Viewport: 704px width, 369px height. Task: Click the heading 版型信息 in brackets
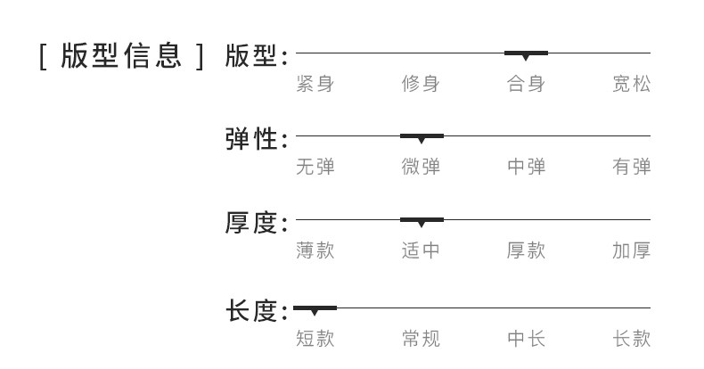pyautogui.click(x=122, y=55)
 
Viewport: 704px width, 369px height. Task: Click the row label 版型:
pyautogui.click(x=256, y=55)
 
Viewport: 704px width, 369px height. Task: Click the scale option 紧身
pyautogui.click(x=315, y=85)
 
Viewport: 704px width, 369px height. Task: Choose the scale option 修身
pyautogui.click(x=421, y=85)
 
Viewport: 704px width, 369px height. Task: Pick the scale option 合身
pyautogui.click(x=526, y=85)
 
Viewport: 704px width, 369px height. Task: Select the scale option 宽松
pyautogui.click(x=631, y=85)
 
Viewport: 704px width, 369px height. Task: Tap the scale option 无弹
pyautogui.click(x=315, y=167)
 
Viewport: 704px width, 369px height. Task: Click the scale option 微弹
pyautogui.click(x=421, y=167)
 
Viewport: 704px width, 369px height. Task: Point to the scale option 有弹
pyautogui.click(x=631, y=167)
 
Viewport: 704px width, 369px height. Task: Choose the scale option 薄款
pyautogui.click(x=315, y=250)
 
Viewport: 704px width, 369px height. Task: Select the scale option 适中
pyautogui.click(x=421, y=250)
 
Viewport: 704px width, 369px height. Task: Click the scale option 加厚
pyautogui.click(x=631, y=250)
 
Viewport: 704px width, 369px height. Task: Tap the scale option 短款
pyautogui.click(x=315, y=339)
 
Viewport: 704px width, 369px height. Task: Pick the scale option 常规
pyautogui.click(x=421, y=339)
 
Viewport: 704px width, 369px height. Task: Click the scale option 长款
pyautogui.click(x=631, y=339)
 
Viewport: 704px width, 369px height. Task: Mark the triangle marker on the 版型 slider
pyautogui.click(x=526, y=56)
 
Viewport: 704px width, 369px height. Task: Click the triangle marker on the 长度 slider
pyautogui.click(x=315, y=311)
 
